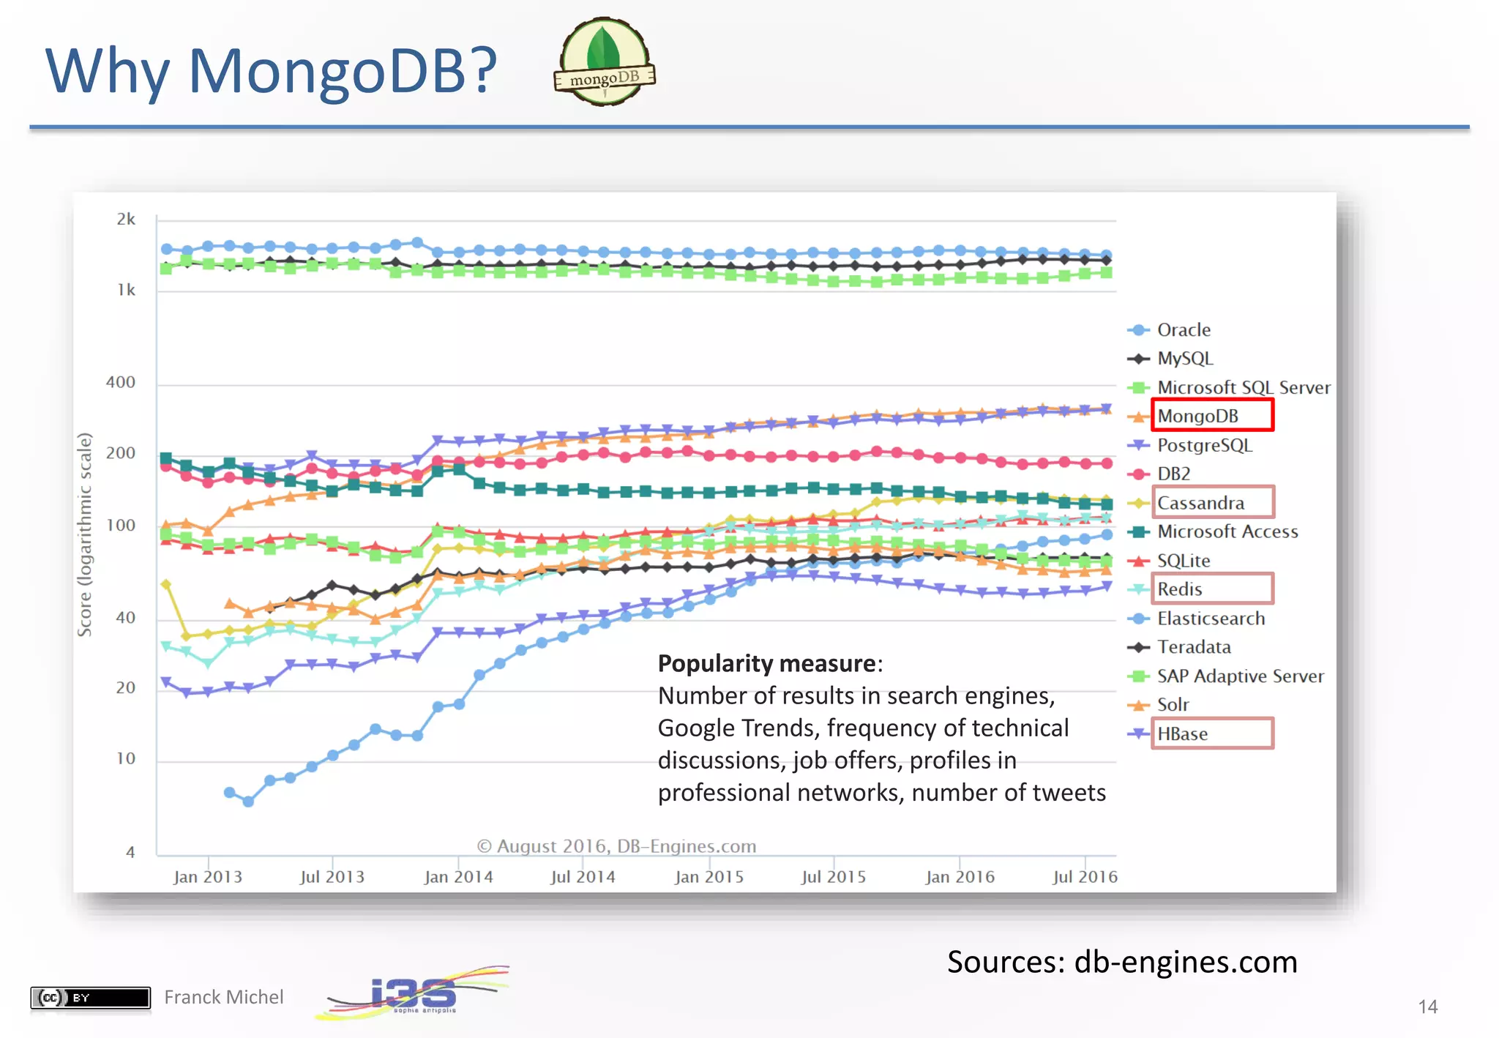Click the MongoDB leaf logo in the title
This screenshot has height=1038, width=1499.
[605, 61]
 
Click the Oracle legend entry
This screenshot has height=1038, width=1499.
[1183, 330]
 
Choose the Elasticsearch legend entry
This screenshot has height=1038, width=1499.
[1210, 619]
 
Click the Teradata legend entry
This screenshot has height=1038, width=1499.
[1193, 647]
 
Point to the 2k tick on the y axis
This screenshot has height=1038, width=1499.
[126, 220]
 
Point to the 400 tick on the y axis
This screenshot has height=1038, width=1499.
[121, 382]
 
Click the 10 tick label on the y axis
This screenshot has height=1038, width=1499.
[126, 758]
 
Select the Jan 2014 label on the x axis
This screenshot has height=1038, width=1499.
[459, 877]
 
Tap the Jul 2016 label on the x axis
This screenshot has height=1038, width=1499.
[1085, 877]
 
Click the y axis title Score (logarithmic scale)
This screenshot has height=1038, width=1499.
[85, 534]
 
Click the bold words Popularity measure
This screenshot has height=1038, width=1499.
[766, 663]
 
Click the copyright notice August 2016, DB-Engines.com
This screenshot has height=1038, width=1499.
[616, 846]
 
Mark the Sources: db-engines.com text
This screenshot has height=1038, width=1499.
[1121, 962]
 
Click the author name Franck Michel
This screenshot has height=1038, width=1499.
[223, 997]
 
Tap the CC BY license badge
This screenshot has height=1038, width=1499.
[90, 997]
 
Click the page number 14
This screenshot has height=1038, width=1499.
[1427, 1007]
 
